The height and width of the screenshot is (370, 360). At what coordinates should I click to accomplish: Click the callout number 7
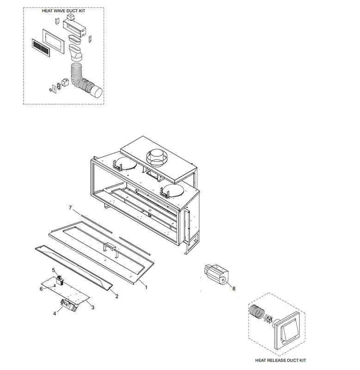point(70,208)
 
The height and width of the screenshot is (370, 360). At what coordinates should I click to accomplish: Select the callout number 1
point(146,287)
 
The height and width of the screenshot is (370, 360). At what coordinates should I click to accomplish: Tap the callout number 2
point(117,296)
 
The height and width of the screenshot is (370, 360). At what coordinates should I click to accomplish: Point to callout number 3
point(93,308)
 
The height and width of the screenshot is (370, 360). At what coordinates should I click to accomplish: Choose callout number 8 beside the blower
point(234,289)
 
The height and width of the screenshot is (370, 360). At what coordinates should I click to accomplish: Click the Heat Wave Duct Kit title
point(64,11)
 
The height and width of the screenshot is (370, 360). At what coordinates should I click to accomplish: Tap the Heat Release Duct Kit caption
point(281,360)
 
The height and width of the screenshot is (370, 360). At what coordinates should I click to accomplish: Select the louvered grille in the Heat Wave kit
point(41,48)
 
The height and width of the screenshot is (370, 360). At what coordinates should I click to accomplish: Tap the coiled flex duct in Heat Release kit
point(257,312)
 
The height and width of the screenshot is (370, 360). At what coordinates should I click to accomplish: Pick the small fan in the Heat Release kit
point(268,319)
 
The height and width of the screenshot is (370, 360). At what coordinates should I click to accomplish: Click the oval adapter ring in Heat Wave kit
point(74,39)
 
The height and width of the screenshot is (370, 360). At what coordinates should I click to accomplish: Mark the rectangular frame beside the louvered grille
point(53,42)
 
